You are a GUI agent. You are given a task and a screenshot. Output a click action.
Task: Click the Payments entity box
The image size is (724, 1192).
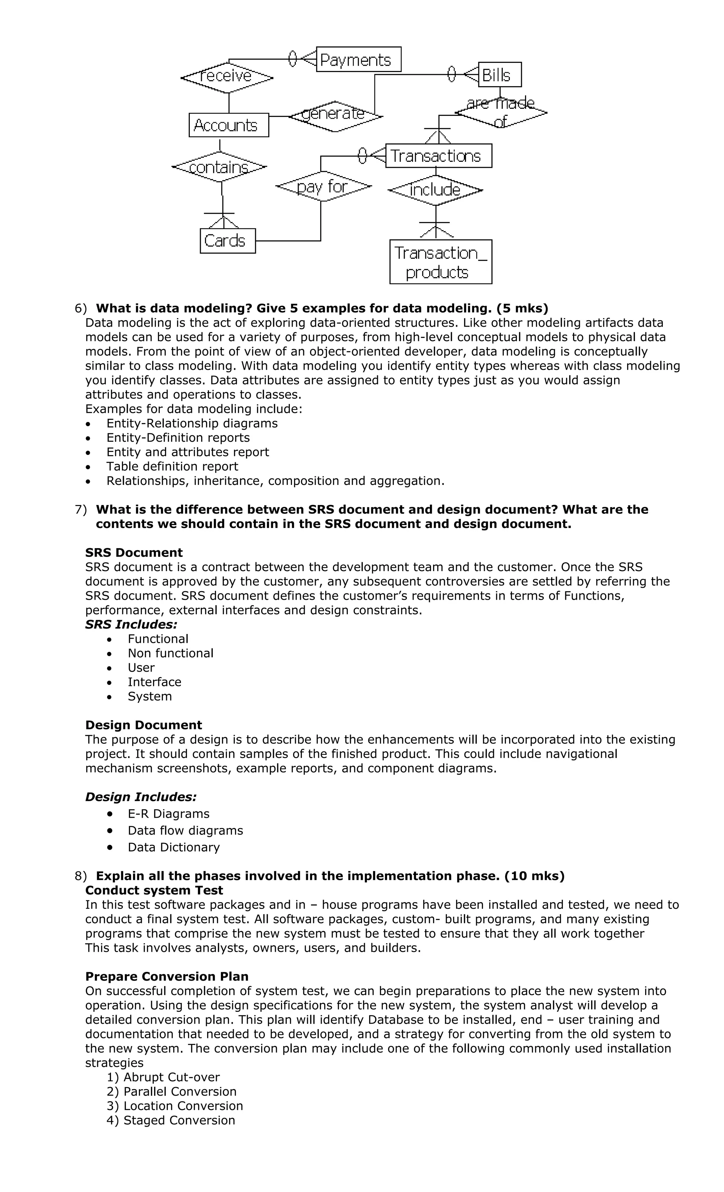[358, 59]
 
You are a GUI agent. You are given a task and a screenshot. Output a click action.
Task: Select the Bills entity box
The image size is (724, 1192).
[500, 75]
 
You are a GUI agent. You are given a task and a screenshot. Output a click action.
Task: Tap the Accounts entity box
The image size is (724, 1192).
[228, 125]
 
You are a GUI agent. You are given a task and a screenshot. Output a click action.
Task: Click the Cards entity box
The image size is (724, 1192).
[227, 240]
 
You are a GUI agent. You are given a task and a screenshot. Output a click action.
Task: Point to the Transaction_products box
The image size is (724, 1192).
[440, 262]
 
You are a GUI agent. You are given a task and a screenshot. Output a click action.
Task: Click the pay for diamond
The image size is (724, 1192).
[323, 186]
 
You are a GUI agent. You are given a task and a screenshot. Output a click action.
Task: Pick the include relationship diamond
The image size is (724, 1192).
[435, 190]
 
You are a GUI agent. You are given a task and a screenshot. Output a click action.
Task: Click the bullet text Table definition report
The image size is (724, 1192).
[172, 466]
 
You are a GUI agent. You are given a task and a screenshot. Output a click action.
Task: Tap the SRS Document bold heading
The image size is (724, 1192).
[134, 552]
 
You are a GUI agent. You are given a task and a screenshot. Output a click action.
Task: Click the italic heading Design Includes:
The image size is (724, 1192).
[141, 797]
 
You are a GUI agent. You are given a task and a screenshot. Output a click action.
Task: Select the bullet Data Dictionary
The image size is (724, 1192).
[173, 847]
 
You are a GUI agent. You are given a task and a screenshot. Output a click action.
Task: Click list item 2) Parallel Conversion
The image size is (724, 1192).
[171, 1091]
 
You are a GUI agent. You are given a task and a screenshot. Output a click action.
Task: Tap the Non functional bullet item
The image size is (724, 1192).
[170, 653]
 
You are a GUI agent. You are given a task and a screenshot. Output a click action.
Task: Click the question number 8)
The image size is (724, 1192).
[81, 876]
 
